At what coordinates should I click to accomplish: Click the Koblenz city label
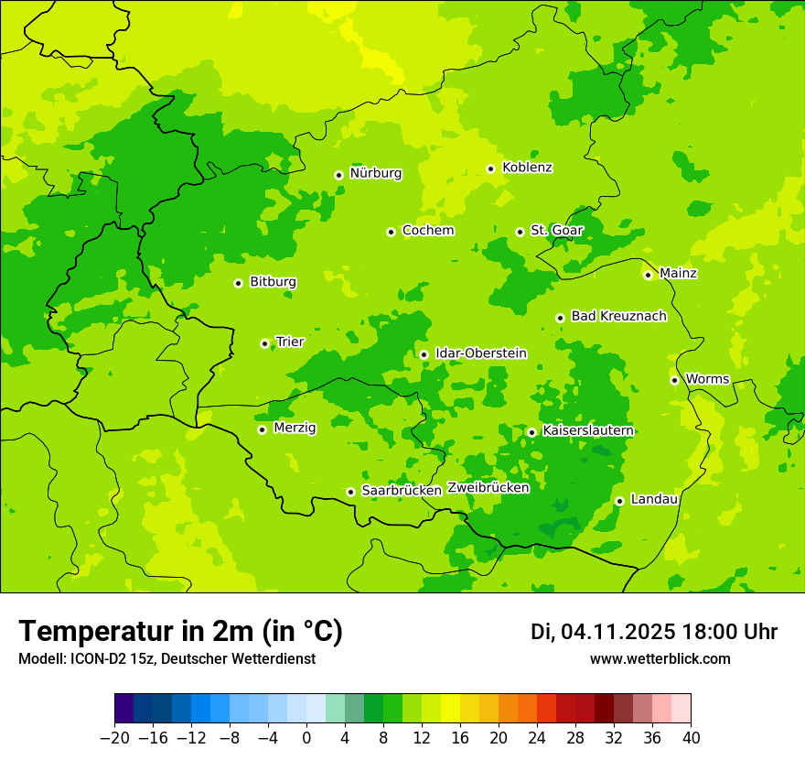(x=527, y=168)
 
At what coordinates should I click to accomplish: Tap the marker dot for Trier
(x=264, y=343)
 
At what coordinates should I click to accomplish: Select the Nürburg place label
(x=375, y=173)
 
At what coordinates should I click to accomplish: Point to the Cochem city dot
(x=391, y=232)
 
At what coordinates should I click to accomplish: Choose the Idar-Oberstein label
(x=480, y=353)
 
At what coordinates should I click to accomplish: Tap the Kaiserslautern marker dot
(x=531, y=432)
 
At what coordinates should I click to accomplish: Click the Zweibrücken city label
(x=488, y=488)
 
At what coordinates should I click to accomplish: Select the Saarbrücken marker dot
(x=350, y=492)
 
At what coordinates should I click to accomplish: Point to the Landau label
(x=654, y=499)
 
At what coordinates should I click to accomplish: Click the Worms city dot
(x=674, y=380)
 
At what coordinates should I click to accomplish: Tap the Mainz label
(x=678, y=273)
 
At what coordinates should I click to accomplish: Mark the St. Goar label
(x=556, y=230)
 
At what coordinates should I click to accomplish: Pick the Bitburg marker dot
(x=238, y=283)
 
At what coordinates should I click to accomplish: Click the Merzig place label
(x=295, y=428)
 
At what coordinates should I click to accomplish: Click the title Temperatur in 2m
(x=180, y=631)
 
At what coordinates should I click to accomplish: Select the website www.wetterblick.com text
(x=660, y=658)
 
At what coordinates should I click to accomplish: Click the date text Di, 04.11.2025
(x=603, y=632)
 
